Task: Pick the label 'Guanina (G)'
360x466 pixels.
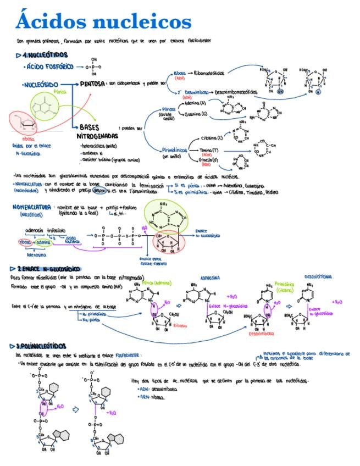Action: pos(196,114)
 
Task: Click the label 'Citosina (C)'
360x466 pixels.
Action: pos(213,137)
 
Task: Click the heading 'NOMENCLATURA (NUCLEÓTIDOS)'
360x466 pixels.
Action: pos(31,209)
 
